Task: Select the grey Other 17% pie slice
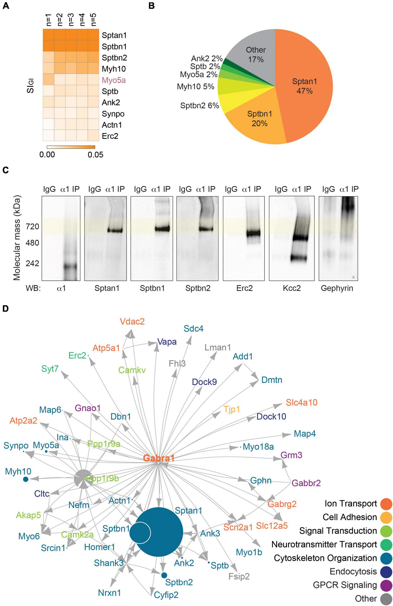[x=255, y=54]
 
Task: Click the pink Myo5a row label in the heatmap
[x=114, y=80]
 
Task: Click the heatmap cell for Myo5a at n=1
[x=49, y=80]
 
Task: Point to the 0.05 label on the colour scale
[x=95, y=155]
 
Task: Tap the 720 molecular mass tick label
[x=33, y=226]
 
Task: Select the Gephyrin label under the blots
[x=337, y=288]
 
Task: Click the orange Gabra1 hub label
[x=159, y=458]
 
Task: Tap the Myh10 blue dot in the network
[x=26, y=479]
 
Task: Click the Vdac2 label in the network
[x=133, y=322]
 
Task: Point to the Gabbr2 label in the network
[x=306, y=483]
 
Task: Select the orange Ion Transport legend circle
[x=386, y=504]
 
